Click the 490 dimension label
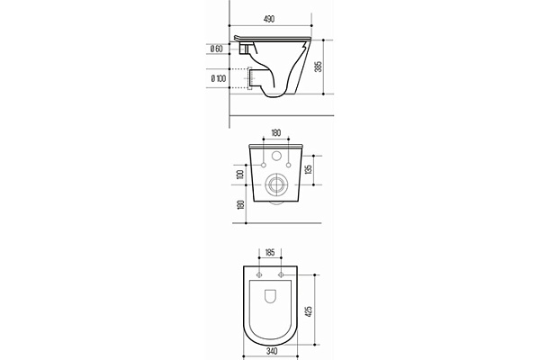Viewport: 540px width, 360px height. (269, 19)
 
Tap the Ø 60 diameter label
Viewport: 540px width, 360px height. (216, 49)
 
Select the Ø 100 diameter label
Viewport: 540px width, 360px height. (219, 78)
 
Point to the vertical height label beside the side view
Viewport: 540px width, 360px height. (319, 67)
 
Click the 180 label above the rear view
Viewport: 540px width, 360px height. (276, 132)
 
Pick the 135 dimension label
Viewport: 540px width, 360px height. (309, 169)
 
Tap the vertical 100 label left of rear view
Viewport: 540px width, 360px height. (240, 175)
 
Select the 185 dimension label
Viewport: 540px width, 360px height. (270, 253)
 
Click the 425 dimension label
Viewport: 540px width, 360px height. (309, 311)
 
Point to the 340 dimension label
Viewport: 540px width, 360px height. (272, 351)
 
